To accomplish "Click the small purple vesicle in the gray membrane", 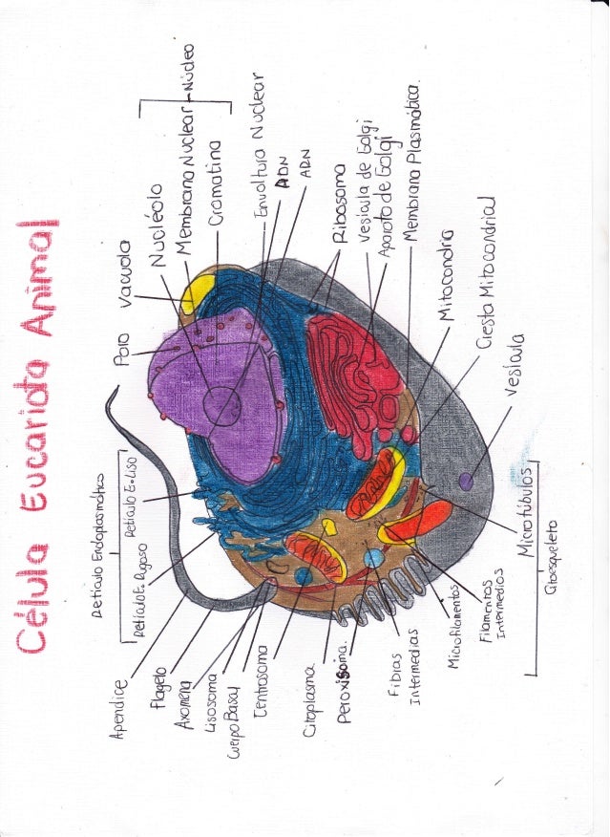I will click(x=467, y=480).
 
